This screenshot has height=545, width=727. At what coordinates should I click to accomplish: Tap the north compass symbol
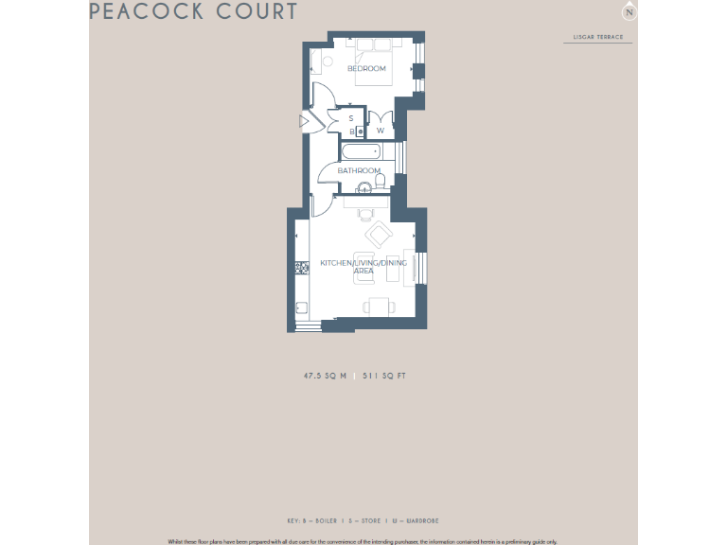(629, 12)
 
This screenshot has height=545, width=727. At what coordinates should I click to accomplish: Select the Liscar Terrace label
(598, 38)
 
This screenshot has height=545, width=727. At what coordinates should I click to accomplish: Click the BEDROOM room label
(366, 69)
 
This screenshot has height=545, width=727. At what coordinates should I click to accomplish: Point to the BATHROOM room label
(359, 171)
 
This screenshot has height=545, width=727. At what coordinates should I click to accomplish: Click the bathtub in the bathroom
(361, 151)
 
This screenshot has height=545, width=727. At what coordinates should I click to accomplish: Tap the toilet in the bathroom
(380, 180)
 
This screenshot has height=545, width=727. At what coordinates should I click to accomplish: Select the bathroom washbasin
(363, 188)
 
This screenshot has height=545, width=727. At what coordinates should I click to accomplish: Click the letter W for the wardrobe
(381, 131)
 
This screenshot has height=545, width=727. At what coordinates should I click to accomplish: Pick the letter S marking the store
(350, 119)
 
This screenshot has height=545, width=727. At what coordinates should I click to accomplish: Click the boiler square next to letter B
(359, 132)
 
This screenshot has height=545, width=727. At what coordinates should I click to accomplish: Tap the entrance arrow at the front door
(303, 121)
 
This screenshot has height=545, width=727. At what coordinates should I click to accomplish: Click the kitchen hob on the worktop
(301, 269)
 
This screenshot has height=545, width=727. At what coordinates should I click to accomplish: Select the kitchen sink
(301, 307)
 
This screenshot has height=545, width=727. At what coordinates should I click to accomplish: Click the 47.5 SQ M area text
(325, 376)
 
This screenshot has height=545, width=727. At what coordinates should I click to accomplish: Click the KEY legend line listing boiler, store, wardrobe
(363, 520)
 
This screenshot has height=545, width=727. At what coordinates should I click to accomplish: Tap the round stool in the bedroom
(328, 62)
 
